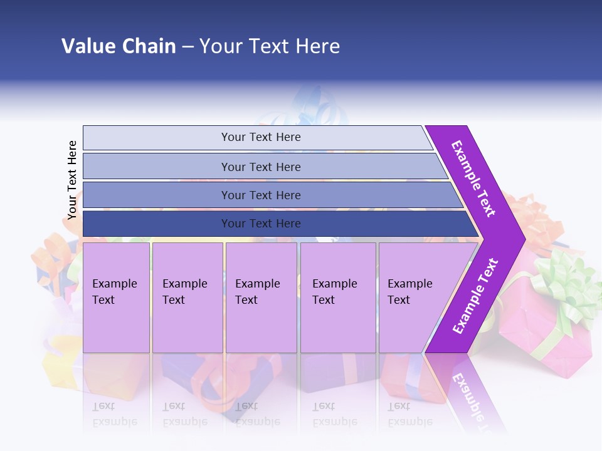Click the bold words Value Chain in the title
click(x=119, y=46)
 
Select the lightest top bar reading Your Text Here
click(x=260, y=137)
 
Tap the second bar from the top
click(x=260, y=167)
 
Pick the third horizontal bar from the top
click(x=260, y=195)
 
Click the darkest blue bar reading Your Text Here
click(x=260, y=224)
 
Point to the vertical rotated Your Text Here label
click(x=72, y=180)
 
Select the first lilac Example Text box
click(x=116, y=298)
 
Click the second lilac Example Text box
click(x=187, y=298)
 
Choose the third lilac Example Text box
click(x=261, y=298)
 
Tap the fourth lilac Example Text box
click(x=338, y=298)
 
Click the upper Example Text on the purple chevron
click(x=473, y=179)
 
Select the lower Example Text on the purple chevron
click(x=475, y=296)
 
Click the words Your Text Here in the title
click(x=270, y=46)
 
